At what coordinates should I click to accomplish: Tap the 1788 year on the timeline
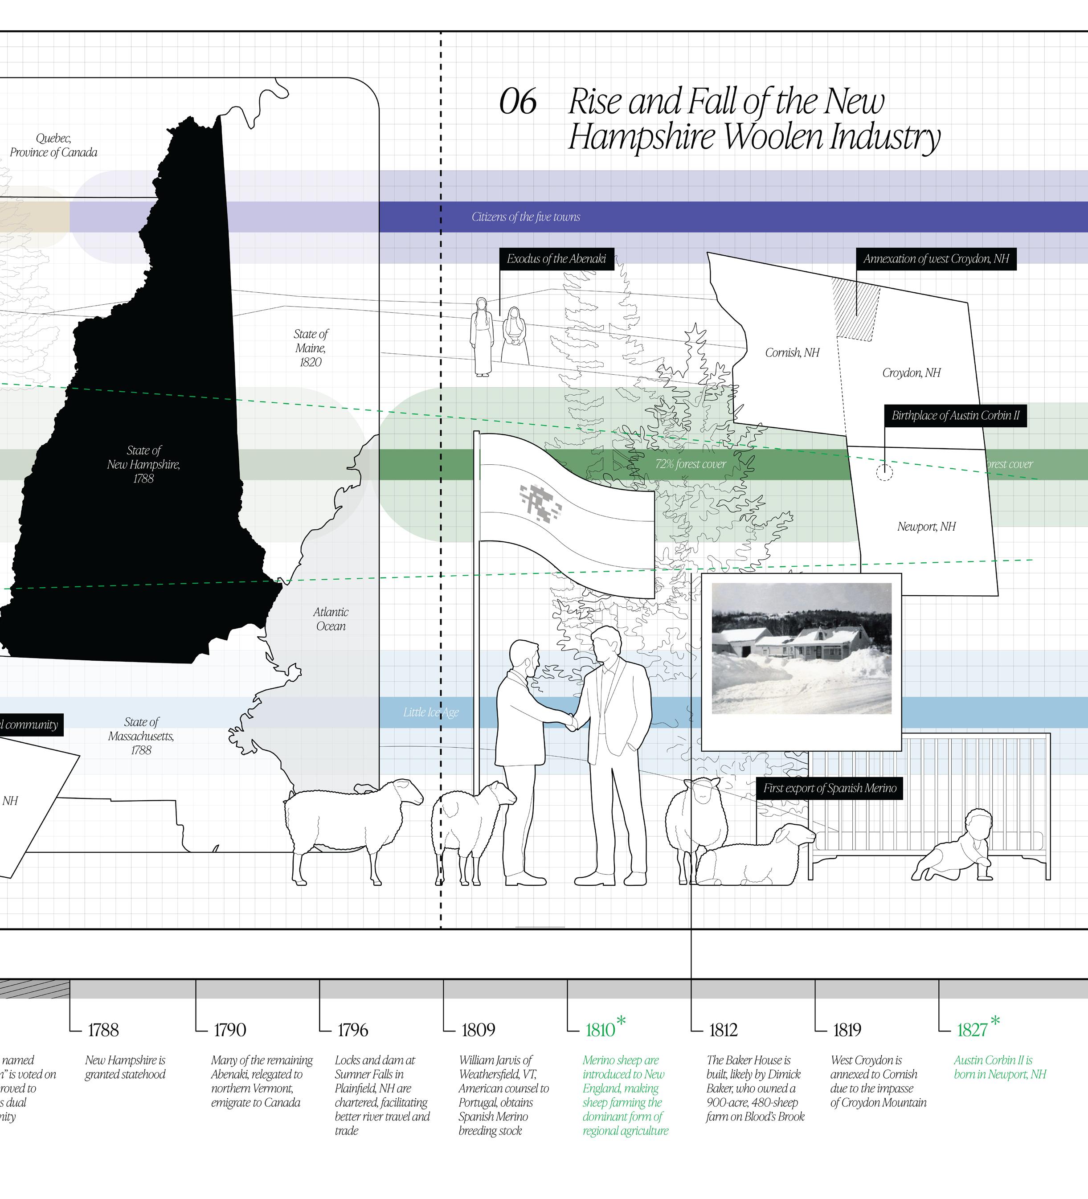pos(103,1030)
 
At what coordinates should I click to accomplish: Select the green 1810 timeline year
pos(600,1030)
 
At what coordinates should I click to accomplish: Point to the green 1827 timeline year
pos(972,1030)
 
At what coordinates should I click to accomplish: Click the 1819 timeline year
pos(847,1030)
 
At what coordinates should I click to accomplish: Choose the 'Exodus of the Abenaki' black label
pos(556,259)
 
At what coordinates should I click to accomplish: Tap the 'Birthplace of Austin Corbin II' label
pos(955,416)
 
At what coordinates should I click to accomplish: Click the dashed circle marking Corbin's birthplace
pos(884,473)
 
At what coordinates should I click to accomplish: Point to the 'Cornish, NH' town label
pos(792,353)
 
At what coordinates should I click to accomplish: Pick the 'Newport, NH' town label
pos(926,526)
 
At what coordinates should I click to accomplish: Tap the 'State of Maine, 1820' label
pos(311,348)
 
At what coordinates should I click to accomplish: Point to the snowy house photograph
pos(801,648)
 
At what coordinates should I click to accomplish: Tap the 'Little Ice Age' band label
pos(431,712)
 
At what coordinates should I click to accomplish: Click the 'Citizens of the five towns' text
pos(525,217)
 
